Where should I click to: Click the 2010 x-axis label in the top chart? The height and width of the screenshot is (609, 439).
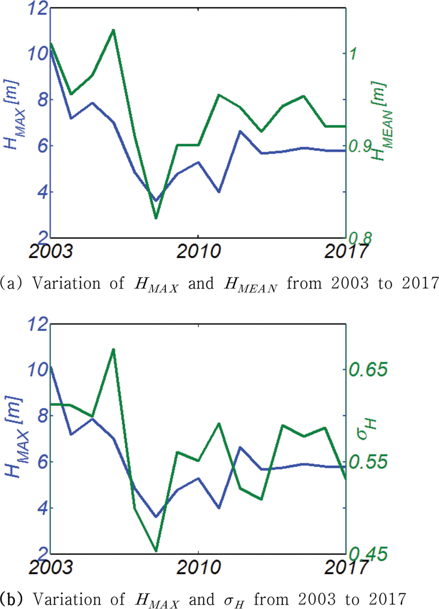point(198,252)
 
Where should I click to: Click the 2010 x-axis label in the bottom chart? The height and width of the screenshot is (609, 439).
point(198,567)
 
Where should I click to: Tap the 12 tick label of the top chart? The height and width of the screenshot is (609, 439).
point(38,8)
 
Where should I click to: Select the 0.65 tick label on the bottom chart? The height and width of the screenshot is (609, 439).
point(368,369)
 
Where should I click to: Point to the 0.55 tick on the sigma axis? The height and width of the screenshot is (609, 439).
point(368,462)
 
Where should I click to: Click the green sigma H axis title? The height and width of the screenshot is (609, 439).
point(367,430)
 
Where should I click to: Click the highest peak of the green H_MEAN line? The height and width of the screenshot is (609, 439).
point(113,30)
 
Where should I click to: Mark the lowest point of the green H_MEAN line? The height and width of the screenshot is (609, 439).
point(156,218)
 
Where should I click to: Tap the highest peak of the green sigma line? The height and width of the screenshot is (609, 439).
point(113,349)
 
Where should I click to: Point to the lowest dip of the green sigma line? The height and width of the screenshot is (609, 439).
point(156,551)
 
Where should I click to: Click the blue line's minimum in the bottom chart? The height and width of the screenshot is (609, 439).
point(156,517)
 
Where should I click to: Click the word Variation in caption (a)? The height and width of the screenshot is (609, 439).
point(67,283)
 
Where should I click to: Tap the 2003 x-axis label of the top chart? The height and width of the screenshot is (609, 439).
point(51,252)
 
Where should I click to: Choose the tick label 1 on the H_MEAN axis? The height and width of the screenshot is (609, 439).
point(353,54)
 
